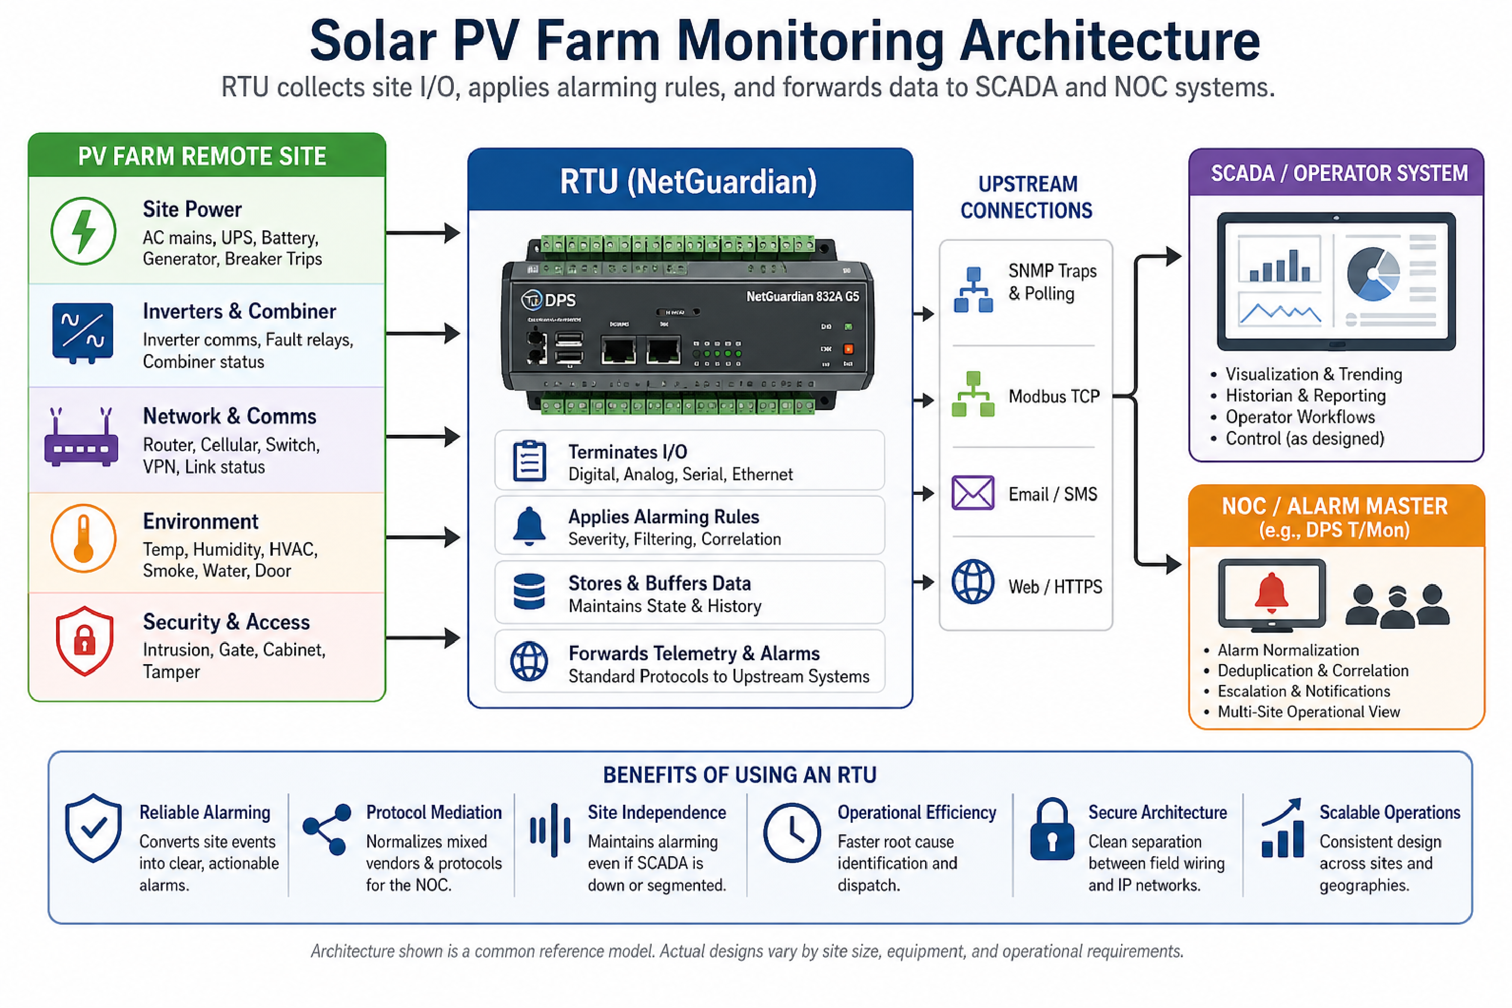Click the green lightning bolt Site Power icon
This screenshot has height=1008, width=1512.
[x=84, y=231]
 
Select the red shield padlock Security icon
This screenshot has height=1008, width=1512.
[x=84, y=640]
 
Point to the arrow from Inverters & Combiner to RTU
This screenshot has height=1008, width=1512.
[x=422, y=334]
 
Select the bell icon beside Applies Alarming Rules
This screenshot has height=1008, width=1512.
[x=529, y=527]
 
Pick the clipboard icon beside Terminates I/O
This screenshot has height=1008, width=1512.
[x=529, y=461]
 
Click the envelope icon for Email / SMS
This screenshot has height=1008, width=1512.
[x=973, y=493]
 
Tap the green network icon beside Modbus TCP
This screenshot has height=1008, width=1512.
[x=973, y=395]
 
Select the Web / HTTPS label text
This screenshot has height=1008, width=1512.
[x=1055, y=586]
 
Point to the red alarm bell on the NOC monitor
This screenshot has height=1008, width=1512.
[x=1271, y=592]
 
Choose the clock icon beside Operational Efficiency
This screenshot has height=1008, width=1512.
[x=792, y=832]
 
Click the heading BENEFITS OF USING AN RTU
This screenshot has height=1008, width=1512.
[x=740, y=775]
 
